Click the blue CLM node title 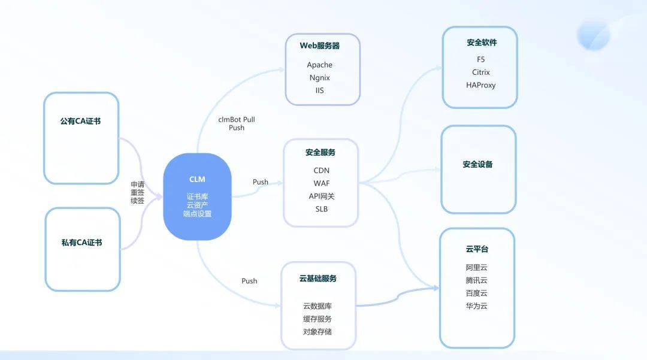[197, 179]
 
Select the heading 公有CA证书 [80, 121]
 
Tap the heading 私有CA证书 [81, 243]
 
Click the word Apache [319, 65]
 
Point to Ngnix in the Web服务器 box [320, 77]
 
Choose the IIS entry [320, 90]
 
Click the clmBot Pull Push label [237, 124]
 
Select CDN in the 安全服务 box [322, 170]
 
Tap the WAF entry [322, 183]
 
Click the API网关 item [322, 196]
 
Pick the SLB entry [322, 209]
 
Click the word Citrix [480, 72]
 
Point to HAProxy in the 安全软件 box [480, 85]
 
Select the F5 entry [480, 59]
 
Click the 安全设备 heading [477, 164]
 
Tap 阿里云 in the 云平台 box [477, 268]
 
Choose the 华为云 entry [477, 306]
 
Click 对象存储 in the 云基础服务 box [318, 331]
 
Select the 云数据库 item [318, 306]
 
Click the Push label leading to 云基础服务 [249, 281]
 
